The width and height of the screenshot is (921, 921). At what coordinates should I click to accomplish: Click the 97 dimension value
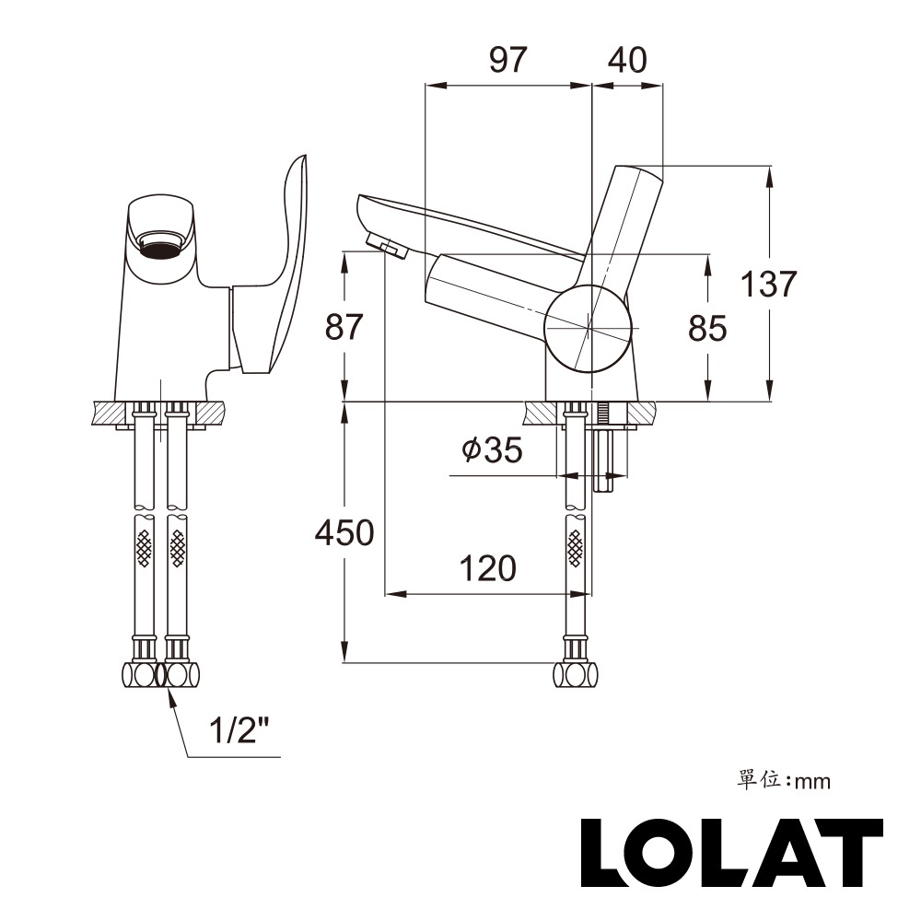[x=507, y=60]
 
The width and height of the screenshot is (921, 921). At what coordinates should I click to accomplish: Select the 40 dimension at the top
[x=627, y=60]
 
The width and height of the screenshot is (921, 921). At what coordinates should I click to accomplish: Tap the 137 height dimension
[x=769, y=284]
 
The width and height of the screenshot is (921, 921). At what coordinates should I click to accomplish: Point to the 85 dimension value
[x=707, y=328]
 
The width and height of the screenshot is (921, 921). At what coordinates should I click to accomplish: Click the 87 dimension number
[x=344, y=328]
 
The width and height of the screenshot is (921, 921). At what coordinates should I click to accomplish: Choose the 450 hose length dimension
[x=344, y=532]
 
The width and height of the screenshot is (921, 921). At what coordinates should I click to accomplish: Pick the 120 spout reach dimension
[x=487, y=568]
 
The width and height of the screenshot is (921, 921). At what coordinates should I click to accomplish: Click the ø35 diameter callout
[x=492, y=450]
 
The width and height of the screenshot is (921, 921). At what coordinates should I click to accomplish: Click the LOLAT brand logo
[x=732, y=852]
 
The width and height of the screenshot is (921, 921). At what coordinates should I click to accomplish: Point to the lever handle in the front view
[x=281, y=267]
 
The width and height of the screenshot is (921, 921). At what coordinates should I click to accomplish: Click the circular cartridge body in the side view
[x=588, y=328]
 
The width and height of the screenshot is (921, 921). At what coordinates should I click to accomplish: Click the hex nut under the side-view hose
[x=576, y=675]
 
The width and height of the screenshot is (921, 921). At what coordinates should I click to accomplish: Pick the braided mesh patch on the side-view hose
[x=576, y=548]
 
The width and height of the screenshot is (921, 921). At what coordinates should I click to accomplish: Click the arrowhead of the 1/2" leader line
[x=169, y=694]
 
